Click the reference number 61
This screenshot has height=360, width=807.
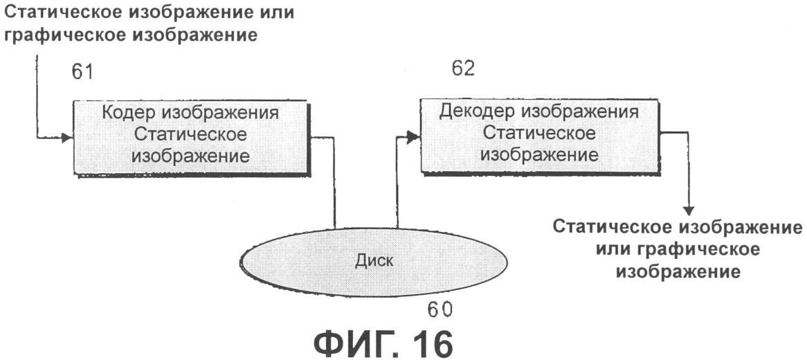(82, 72)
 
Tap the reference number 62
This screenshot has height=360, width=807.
(462, 69)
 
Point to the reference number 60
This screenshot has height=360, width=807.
(442, 309)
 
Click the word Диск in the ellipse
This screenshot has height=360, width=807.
(374, 262)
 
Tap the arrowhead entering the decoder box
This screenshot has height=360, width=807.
(413, 138)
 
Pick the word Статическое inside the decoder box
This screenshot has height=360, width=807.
(539, 132)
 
